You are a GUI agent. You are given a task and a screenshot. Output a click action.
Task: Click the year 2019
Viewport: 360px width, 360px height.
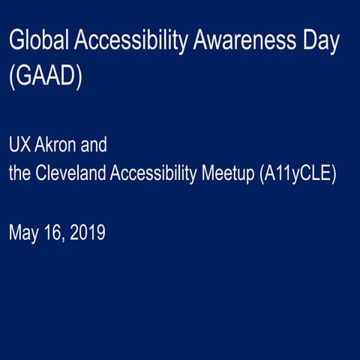88,232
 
